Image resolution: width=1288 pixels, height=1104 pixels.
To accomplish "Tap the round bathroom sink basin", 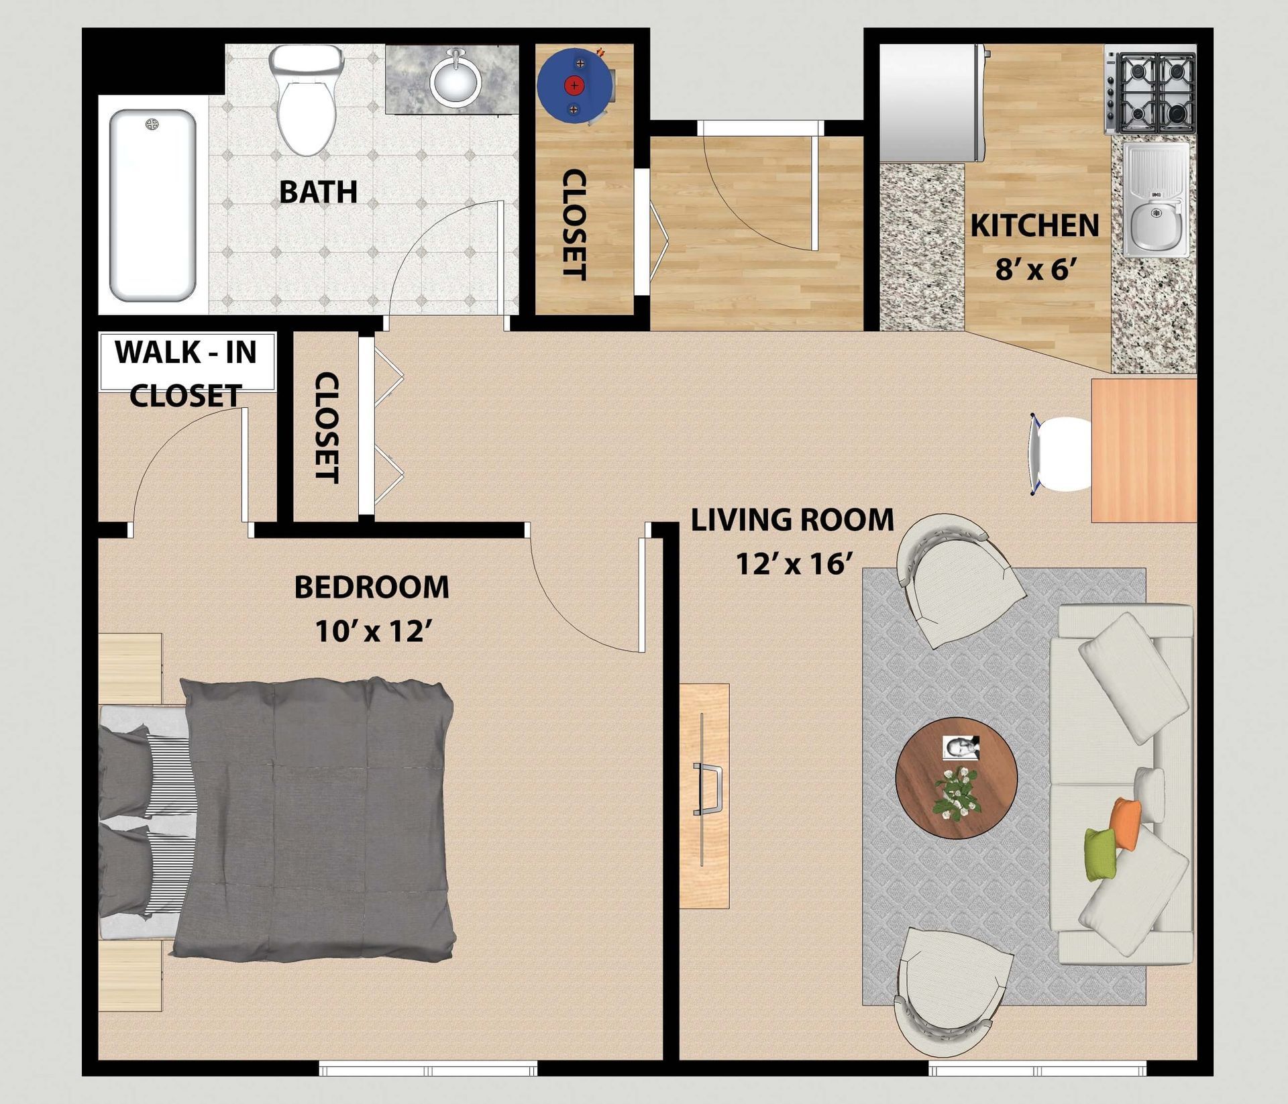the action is point(456,79).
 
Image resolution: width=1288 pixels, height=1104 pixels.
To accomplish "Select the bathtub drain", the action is point(153,124).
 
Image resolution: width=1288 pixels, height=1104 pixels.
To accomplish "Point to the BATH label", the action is point(318,192).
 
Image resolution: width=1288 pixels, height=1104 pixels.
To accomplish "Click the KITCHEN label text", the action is point(1034,225).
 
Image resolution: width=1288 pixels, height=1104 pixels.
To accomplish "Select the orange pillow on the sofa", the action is point(1125,824).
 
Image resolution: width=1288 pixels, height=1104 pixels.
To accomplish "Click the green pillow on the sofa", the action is point(1101,854).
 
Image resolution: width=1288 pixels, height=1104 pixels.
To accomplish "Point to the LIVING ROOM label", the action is point(792,520).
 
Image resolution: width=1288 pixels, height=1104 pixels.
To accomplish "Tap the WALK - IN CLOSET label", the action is point(186,374).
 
